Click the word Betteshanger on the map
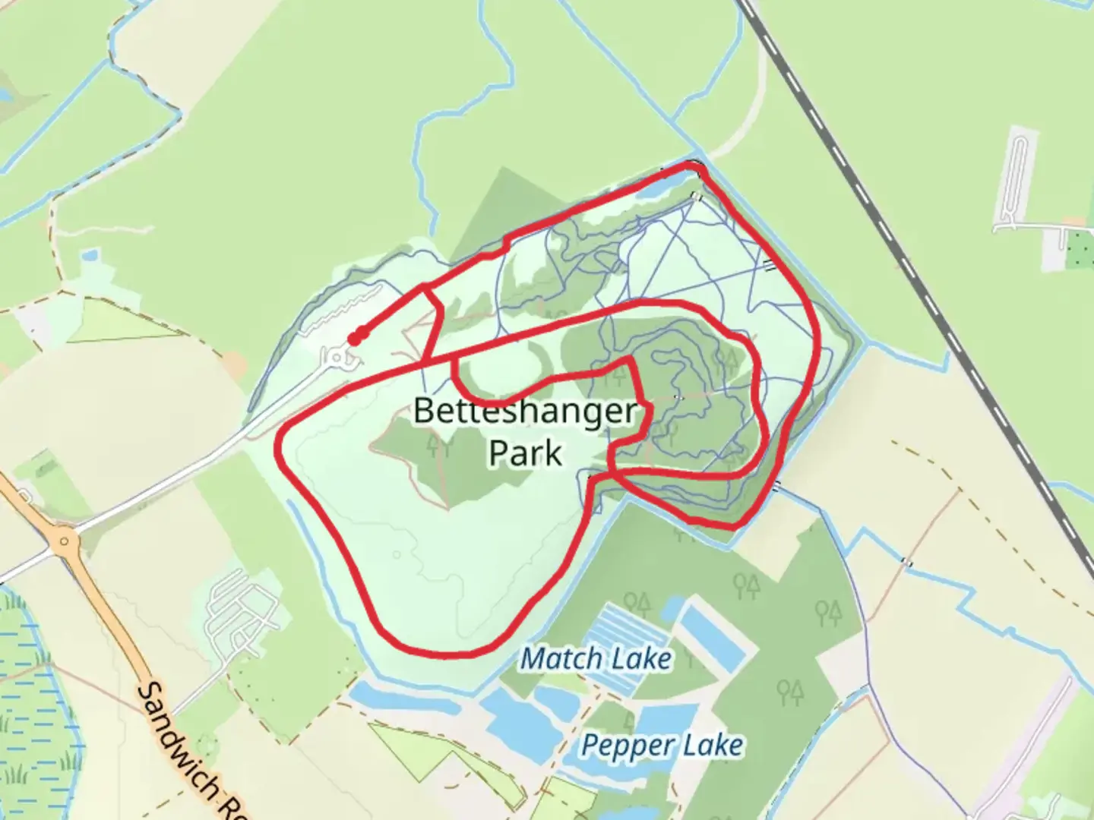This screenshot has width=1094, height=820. coord(524,411)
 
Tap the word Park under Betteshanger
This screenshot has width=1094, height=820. coord(525,453)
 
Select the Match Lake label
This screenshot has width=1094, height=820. coord(596,658)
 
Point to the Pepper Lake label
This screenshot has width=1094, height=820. coord(662,746)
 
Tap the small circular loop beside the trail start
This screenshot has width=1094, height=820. coord(335,356)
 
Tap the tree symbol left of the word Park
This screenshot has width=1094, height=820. coord(438,446)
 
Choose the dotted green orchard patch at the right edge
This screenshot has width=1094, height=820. coord(1079,249)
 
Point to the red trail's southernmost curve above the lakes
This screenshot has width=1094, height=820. coord(441,653)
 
